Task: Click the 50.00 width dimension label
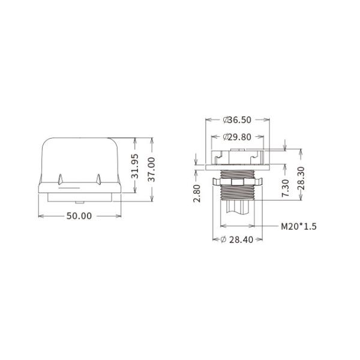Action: (x=79, y=216)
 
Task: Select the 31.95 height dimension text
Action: (x=135, y=166)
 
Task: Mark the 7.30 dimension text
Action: (x=286, y=187)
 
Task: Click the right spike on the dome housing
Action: (x=97, y=179)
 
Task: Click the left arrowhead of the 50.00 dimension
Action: (x=40, y=216)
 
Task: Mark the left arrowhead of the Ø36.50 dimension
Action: (x=208, y=119)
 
